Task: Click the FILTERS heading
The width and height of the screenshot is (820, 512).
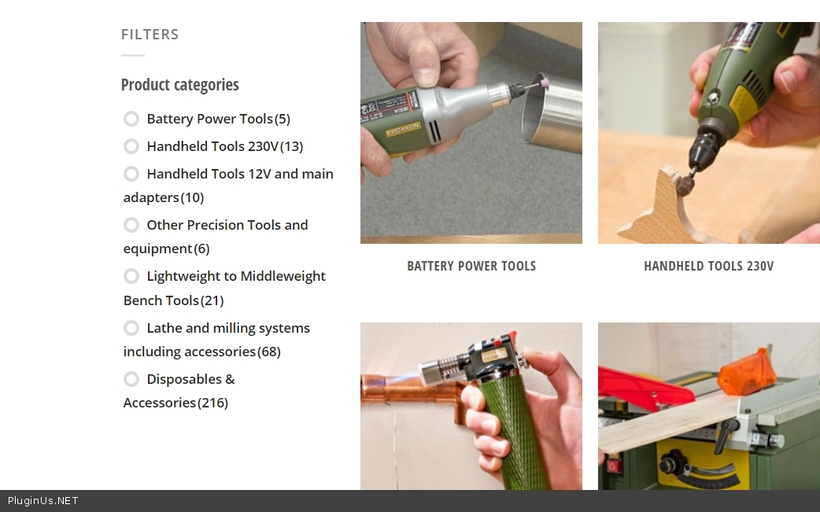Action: point(150,35)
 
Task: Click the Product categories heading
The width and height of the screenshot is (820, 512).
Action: point(180,85)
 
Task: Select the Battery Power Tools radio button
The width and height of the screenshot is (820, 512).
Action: point(131,119)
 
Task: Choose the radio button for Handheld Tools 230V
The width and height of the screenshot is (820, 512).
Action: point(131,146)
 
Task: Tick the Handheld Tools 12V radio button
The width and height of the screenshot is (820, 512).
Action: point(131,174)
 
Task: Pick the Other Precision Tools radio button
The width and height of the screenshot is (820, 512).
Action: point(131,225)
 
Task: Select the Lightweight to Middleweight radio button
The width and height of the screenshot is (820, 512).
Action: point(131,276)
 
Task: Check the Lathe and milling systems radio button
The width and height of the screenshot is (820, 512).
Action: point(131,328)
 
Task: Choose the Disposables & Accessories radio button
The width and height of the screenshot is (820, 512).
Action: point(131,379)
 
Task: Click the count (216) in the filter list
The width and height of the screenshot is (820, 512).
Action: point(212,403)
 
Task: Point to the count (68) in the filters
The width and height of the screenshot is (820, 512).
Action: point(269,352)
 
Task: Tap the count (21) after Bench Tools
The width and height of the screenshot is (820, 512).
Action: point(212,300)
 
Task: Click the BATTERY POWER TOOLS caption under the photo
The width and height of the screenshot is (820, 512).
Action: point(471,266)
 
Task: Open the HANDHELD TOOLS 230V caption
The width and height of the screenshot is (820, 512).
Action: point(708,266)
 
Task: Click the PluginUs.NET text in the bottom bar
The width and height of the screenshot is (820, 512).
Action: point(42,501)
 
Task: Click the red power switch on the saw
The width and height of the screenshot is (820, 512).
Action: point(612,464)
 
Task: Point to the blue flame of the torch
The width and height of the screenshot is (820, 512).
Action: point(402,379)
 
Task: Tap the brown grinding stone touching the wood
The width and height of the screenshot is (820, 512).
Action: point(686,184)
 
